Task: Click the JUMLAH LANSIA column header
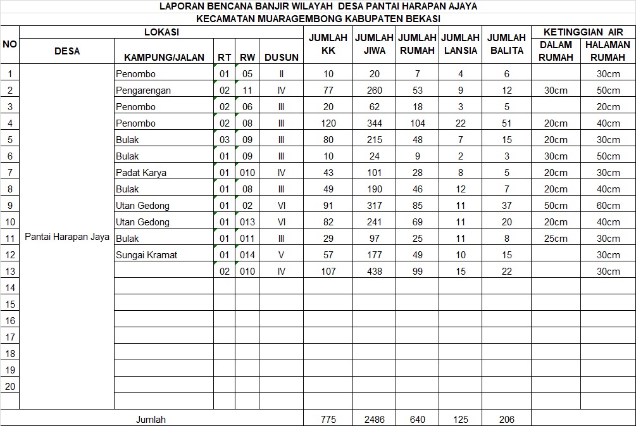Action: (460, 44)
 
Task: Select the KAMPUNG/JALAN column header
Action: (164, 57)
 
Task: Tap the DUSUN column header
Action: (282, 57)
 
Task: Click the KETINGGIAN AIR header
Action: (583, 32)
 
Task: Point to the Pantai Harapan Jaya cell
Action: (67, 237)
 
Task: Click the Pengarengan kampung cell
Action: (144, 91)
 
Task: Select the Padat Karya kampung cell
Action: (141, 173)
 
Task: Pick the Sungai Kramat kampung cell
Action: (147, 255)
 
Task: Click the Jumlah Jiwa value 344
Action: (375, 123)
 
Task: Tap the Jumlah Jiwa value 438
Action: (375, 272)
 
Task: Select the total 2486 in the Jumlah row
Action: (375, 419)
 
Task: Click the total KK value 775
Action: (328, 419)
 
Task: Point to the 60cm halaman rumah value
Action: (608, 206)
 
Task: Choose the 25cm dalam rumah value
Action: (556, 239)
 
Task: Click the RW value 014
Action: (247, 255)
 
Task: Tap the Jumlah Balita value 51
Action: (507, 123)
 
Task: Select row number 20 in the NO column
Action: (9, 387)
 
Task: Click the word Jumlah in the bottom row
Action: (151, 419)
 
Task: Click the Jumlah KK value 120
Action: (328, 123)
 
